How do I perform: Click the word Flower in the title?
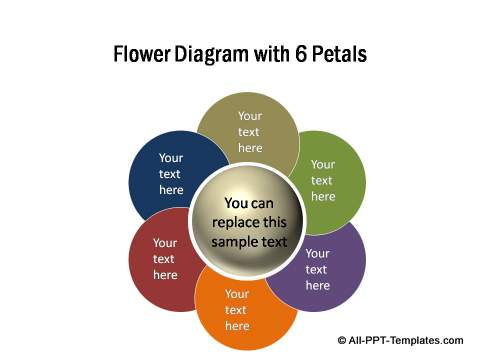click(x=143, y=53)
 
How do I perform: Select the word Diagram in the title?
click(x=212, y=53)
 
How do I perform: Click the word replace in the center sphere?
click(x=232, y=222)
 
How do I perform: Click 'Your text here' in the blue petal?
click(x=171, y=173)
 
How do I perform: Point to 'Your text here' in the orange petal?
click(x=237, y=310)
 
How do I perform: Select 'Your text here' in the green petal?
click(x=322, y=180)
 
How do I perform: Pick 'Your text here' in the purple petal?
click(x=317, y=269)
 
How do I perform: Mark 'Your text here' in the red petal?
click(x=165, y=258)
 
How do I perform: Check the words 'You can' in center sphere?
click(x=248, y=203)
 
